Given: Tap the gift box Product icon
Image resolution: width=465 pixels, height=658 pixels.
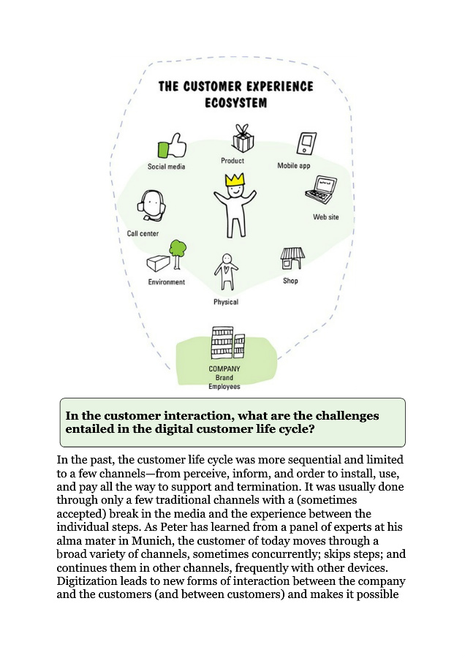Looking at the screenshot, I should [x=242, y=137].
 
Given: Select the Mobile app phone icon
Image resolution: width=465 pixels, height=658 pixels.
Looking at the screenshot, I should [x=306, y=143].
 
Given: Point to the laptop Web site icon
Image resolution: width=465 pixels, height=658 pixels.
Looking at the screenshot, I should [x=320, y=191].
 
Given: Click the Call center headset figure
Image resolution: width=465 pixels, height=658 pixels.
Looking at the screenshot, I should [x=151, y=205].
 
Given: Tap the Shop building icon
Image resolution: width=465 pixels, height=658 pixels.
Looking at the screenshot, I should [x=292, y=259].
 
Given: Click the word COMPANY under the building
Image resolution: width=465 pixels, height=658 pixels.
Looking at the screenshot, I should [x=224, y=368].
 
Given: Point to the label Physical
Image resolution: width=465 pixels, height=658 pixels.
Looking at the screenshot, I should [x=226, y=302].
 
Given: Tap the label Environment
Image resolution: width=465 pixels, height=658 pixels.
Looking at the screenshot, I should [x=167, y=282].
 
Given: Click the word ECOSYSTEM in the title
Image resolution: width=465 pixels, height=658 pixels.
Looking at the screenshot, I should [x=235, y=103].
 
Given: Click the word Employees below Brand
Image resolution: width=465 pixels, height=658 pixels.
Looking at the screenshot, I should [x=224, y=387].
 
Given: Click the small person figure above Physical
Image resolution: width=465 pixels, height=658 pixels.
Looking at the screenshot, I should [x=226, y=273].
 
